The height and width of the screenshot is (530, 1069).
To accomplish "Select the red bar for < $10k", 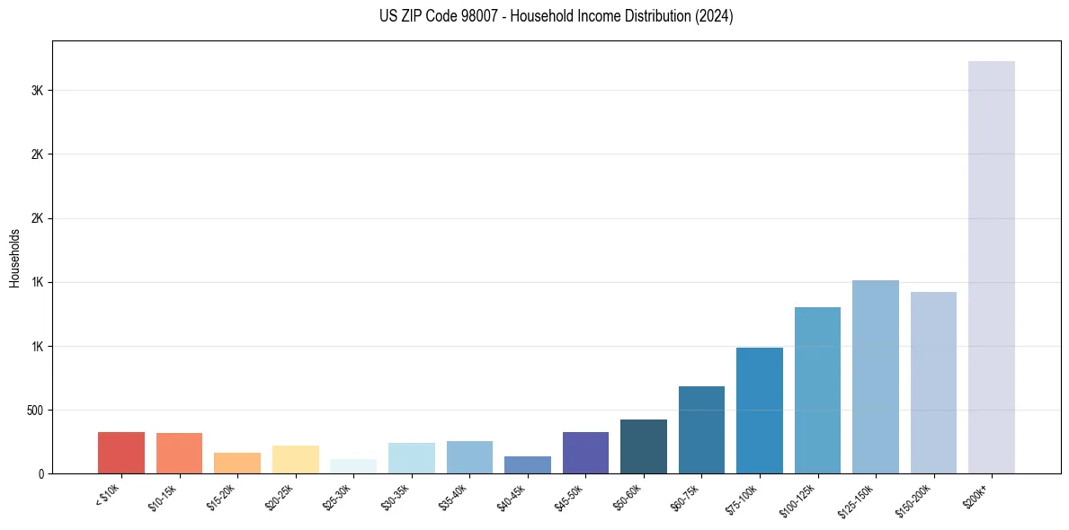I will (121, 453).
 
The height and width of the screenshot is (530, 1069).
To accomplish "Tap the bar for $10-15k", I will (179, 454).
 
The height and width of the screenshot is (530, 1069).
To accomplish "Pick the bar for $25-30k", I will (353, 466).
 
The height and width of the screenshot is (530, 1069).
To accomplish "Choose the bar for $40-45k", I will (528, 465).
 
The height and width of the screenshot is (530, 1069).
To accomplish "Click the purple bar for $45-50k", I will (585, 453).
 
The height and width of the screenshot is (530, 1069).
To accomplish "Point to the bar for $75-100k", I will (760, 411).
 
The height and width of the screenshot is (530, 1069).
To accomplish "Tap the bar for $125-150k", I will (876, 377).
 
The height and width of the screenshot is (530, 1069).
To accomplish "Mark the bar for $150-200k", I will (933, 383).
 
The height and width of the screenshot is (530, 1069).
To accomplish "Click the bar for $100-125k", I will (817, 391).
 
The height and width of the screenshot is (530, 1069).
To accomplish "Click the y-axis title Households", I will (15, 258).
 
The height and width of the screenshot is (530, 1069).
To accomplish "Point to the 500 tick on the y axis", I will (36, 411).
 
